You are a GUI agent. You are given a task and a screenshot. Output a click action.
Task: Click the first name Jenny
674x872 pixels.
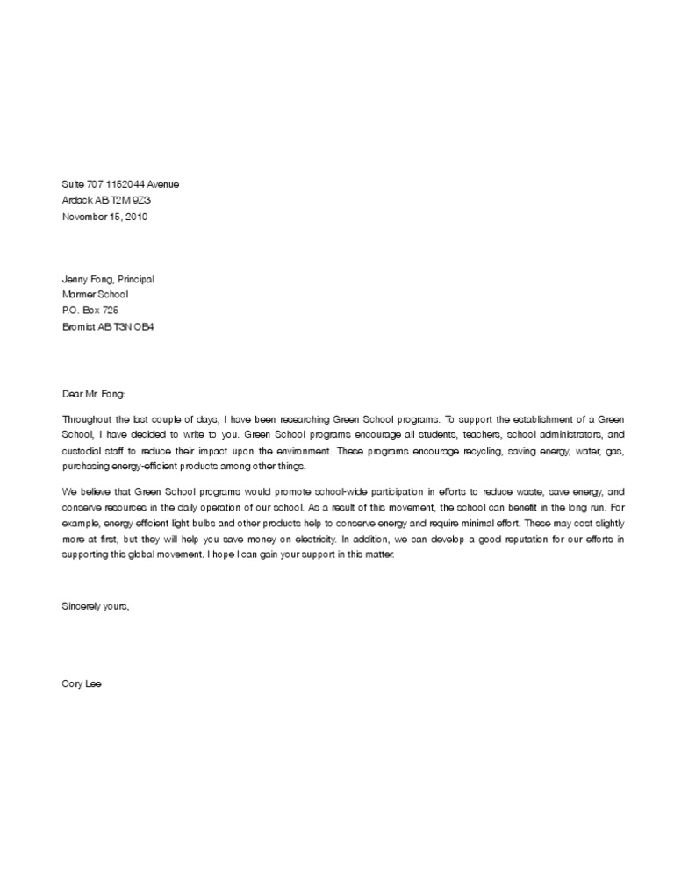(75, 279)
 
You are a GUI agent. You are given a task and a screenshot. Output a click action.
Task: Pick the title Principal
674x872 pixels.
(136, 279)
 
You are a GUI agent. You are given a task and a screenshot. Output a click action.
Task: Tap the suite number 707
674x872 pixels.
(96, 184)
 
